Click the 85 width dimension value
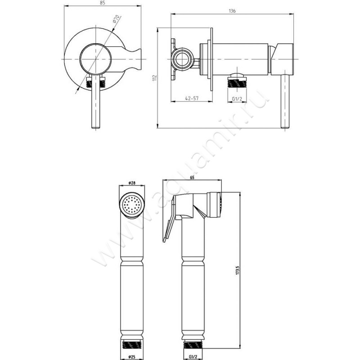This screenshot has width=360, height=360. click(x=103, y=3)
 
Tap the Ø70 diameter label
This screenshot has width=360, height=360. click(x=116, y=19)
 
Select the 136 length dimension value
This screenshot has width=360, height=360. click(x=232, y=11)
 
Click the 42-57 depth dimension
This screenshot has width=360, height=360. click(x=192, y=98)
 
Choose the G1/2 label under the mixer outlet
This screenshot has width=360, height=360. click(x=237, y=99)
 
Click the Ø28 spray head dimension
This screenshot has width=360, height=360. click(x=131, y=183)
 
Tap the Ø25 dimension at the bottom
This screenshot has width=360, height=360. click(x=131, y=356)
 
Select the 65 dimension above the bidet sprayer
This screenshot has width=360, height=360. click(x=192, y=177)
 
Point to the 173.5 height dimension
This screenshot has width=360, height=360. click(x=238, y=271)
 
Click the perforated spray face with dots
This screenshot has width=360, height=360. click(x=131, y=205)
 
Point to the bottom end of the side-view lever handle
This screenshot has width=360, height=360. click(x=285, y=127)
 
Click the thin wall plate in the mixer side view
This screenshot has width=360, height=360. click(x=211, y=59)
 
